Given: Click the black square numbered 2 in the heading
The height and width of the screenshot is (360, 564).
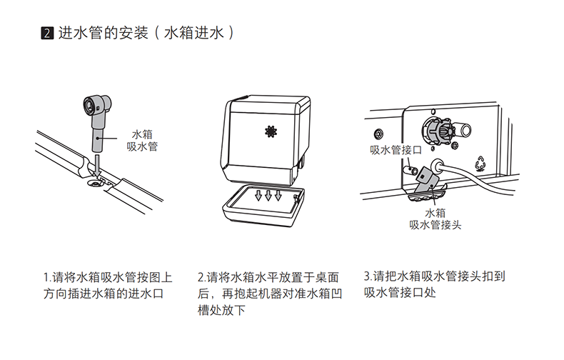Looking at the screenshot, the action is pyautogui.click(x=47, y=33).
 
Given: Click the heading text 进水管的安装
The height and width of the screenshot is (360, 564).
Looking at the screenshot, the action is pyautogui.click(x=104, y=33).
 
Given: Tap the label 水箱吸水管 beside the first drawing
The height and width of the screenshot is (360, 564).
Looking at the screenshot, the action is pyautogui.click(x=143, y=141).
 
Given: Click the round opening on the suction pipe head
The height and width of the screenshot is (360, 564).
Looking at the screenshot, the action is pyautogui.click(x=88, y=105).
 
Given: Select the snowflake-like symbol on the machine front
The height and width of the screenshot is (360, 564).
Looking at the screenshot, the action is pyautogui.click(x=271, y=131).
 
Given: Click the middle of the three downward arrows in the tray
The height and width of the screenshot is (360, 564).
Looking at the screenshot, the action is pyautogui.click(x=268, y=196).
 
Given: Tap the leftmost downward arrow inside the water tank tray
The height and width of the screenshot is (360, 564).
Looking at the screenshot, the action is pyautogui.click(x=258, y=196).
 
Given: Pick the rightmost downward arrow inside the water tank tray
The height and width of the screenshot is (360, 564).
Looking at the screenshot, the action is pyautogui.click(x=278, y=196).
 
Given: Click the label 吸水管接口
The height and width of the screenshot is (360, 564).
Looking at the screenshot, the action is pyautogui.click(x=396, y=150).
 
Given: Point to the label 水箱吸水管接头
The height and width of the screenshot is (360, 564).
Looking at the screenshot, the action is pyautogui.click(x=435, y=219).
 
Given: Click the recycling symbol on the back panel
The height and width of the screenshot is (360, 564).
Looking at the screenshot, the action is pyautogui.click(x=480, y=163).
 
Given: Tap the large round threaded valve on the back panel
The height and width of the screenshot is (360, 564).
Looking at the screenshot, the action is pyautogui.click(x=439, y=130).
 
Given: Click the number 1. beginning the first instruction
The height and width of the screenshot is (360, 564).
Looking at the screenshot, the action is pyautogui.click(x=47, y=278).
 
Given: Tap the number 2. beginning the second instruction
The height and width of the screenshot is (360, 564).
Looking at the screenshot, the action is pyautogui.click(x=202, y=278).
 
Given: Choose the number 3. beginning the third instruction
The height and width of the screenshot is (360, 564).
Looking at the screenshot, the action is pyautogui.click(x=368, y=276).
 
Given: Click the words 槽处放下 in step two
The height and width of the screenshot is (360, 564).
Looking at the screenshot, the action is pyautogui.click(x=221, y=310).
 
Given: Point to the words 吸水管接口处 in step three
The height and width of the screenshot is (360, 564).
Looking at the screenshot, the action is pyautogui.click(x=400, y=293).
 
